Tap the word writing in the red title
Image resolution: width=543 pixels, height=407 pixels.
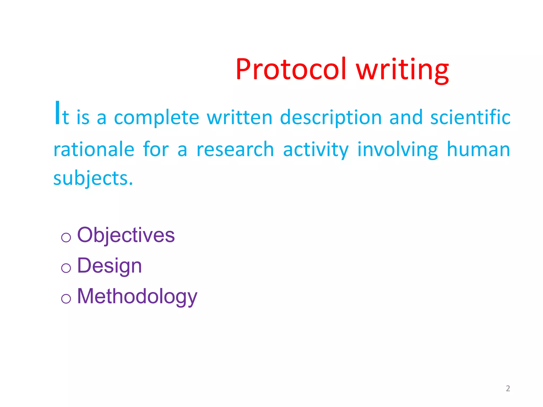point(402,69)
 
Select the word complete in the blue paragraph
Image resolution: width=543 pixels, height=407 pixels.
point(156,118)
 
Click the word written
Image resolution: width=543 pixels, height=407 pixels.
point(239,117)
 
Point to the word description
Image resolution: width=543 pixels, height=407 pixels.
point(331,118)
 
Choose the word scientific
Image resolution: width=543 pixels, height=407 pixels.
point(470,117)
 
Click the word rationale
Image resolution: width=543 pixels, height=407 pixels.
point(94,149)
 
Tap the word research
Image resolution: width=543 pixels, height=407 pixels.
point(235,149)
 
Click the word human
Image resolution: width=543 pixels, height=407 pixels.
point(478,149)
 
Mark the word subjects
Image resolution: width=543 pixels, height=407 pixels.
point(93,178)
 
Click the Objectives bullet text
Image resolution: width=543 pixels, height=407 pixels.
point(126,235)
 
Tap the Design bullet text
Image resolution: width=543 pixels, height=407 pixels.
point(110,266)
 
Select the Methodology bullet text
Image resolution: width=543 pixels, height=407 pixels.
point(137,297)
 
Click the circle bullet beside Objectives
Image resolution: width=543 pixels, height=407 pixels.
point(66,237)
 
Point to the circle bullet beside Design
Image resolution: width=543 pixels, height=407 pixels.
point(66,268)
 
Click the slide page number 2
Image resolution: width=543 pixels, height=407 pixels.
point(508,388)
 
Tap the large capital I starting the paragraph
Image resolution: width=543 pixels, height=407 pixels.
point(57,113)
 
